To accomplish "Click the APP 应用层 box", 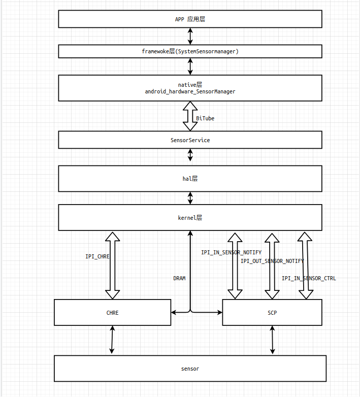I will (190, 19).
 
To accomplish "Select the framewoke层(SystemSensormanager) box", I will (190, 51).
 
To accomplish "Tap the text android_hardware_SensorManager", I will (190, 91).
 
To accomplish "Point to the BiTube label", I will (205, 118).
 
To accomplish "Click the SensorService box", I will (190, 140).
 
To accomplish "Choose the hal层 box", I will (190, 179).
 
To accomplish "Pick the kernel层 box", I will (190, 217).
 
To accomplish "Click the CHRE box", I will (112, 313).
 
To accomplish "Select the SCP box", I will (272, 313).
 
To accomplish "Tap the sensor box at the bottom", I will (190, 369).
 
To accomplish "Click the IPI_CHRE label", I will (97, 257).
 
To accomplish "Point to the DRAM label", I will (179, 278).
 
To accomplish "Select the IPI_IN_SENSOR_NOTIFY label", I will (231, 252).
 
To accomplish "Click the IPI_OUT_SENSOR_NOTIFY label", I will (272, 261).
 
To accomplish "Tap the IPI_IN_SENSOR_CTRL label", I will (309, 278).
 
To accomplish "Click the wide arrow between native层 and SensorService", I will (190, 116).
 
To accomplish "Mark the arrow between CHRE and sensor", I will (112, 340).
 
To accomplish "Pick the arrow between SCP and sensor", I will (273, 340).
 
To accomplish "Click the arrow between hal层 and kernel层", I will (190, 198).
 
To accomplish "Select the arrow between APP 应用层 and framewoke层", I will (190, 36).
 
